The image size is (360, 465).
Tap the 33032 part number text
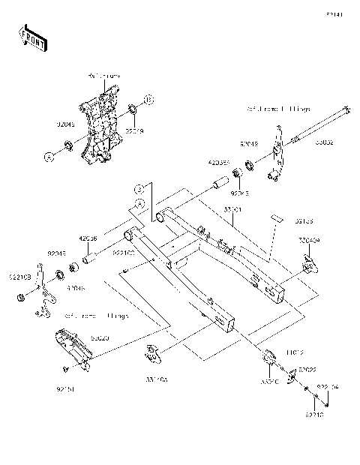[x=325, y=141]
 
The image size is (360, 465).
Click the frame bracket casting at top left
[x=100, y=127]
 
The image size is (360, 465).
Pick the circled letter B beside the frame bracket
[x=148, y=99]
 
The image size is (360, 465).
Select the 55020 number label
[x=100, y=339]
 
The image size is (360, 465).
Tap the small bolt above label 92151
[x=66, y=369]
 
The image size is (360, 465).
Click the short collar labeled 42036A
[x=221, y=181]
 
